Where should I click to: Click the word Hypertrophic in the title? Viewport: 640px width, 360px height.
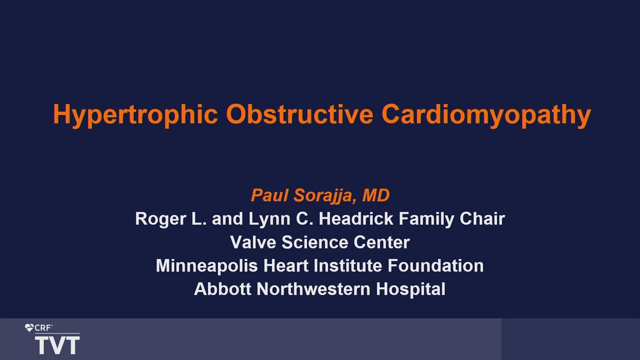[x=135, y=115]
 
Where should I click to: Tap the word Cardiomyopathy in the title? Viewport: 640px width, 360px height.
[x=486, y=115]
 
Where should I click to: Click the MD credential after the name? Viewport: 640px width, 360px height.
[x=375, y=195]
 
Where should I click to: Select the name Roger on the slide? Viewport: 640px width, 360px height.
[x=160, y=219]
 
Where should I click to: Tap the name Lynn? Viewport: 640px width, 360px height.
[x=269, y=219]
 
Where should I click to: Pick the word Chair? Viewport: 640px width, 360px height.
[x=482, y=218]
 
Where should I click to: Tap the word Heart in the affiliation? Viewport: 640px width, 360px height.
[x=285, y=265]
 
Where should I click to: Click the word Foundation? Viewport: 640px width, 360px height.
[x=435, y=265]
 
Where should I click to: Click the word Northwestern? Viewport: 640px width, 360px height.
[x=313, y=289]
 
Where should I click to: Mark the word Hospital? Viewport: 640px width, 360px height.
[x=410, y=289]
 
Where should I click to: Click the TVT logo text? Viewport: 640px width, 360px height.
[x=57, y=345]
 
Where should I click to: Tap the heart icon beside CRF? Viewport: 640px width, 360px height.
[x=29, y=327]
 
